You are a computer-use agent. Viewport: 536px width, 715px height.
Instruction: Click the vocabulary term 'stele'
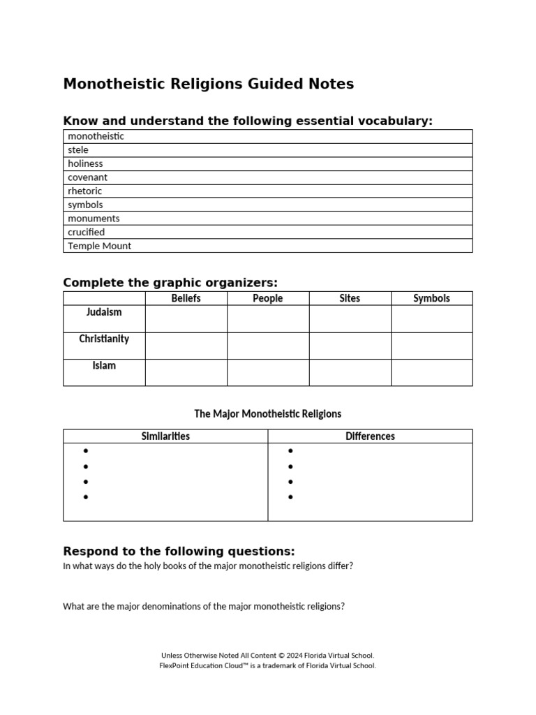(78, 150)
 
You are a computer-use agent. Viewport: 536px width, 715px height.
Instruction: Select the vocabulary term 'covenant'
(87, 177)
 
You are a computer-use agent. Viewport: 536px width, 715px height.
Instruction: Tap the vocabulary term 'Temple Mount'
(99, 246)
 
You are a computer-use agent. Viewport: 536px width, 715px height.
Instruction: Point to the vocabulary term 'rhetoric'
(84, 191)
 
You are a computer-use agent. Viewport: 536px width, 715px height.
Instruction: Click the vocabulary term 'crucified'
(86, 232)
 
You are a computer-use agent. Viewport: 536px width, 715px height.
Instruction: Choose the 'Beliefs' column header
(186, 298)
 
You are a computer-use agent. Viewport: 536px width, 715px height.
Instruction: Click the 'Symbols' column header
(431, 298)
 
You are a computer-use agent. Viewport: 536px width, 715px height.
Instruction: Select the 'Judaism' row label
(104, 312)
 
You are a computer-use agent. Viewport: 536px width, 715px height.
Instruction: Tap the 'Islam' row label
(104, 365)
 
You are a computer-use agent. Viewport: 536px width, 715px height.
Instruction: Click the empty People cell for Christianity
(268, 346)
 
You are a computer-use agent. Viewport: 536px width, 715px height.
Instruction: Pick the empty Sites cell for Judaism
(350, 318)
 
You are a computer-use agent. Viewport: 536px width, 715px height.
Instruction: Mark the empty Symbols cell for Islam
(431, 372)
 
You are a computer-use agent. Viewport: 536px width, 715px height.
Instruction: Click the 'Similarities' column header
(165, 436)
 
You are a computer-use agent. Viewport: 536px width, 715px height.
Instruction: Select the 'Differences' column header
(370, 436)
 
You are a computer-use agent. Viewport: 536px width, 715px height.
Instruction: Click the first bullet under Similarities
(86, 451)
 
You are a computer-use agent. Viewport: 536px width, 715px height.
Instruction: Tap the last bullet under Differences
(290, 497)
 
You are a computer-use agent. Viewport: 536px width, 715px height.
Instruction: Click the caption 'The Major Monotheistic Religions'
(268, 414)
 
